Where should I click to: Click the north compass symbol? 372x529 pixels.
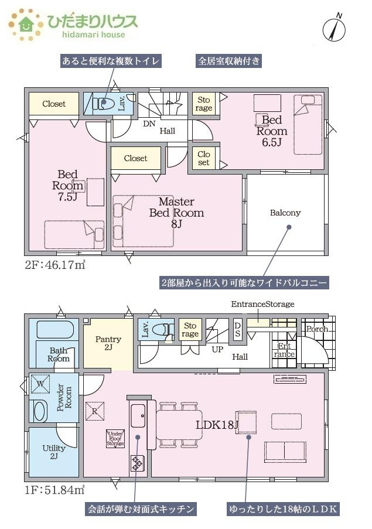tap(335, 28)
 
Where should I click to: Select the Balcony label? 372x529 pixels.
tap(285, 213)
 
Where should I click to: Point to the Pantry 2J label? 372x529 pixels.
tap(108, 343)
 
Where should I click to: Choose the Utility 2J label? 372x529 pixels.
tap(54, 452)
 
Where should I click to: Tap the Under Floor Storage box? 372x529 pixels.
tap(115, 439)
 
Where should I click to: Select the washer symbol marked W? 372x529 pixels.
tap(40, 384)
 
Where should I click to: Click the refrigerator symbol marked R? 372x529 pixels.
tap(94, 411)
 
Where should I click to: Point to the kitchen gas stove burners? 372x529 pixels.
tap(137, 463)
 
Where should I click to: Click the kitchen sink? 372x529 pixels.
tap(138, 416)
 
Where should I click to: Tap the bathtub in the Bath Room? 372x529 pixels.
tap(54, 329)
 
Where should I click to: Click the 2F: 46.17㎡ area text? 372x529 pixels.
tap(55, 265)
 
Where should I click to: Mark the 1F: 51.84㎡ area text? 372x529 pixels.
tap(54, 490)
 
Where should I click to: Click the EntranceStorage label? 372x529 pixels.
tap(262, 304)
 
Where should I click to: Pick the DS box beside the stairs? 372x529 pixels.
tap(237, 329)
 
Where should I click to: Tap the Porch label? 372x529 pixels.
tap(317, 329)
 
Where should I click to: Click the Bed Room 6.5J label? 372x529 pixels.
tap(272, 131)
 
